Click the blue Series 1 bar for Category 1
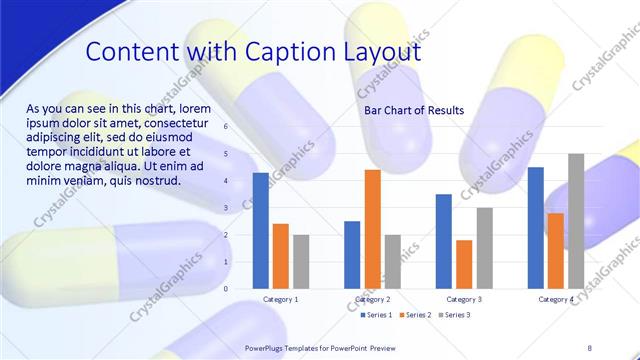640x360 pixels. [261, 231]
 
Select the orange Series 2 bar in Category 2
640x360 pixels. [372, 229]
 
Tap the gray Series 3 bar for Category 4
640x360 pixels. [576, 221]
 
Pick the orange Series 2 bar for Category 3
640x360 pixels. [464, 264]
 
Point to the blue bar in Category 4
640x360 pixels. [536, 228]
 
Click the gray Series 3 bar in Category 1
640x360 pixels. [301, 262]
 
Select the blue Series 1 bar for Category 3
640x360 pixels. [444, 241]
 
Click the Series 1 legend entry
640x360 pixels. [376, 315]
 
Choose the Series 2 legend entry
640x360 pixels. [415, 315]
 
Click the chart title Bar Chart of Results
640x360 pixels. [414, 111]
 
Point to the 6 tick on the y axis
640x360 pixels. [226, 127]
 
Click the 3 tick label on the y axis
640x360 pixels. [226, 208]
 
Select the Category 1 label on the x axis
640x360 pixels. [280, 299]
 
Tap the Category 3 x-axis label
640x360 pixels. [464, 299]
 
